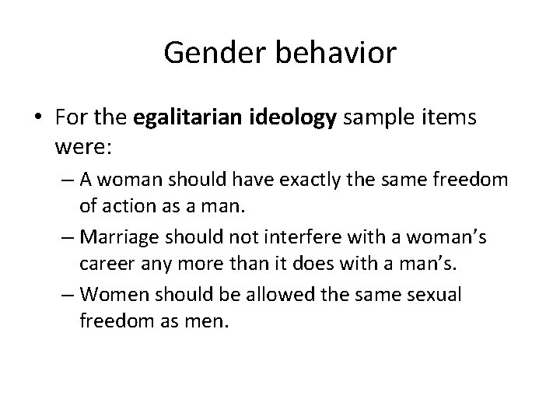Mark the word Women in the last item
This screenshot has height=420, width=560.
click(x=110, y=295)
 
